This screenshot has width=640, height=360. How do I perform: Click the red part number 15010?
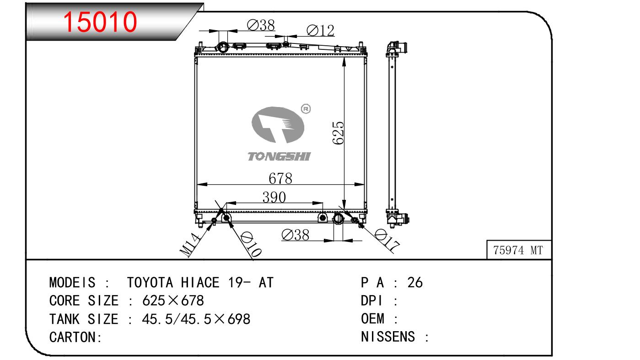click(100, 21)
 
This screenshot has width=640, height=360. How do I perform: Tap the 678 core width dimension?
click(280, 178)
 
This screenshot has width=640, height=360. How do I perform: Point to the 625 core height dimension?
click(338, 133)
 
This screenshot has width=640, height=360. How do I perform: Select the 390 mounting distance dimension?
click(274, 197)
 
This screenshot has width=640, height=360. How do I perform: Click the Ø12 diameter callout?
click(320, 30)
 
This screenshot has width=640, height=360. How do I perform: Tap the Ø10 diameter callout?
click(251, 244)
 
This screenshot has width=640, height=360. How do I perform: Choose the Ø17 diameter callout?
click(387, 240)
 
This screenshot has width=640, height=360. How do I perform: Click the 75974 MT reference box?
click(519, 250)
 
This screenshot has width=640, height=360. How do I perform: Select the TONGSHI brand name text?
click(279, 156)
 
